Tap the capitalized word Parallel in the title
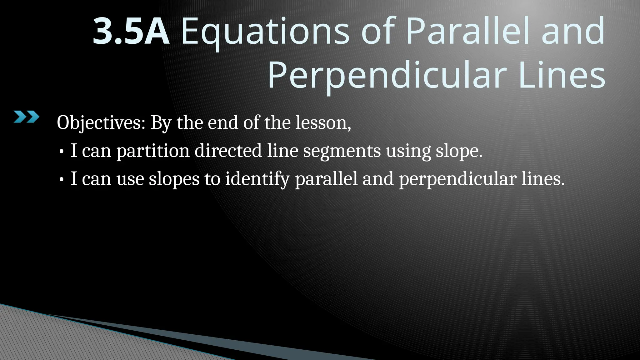pyautogui.click(x=467, y=31)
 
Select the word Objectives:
pyautogui.click(x=101, y=122)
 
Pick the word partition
pyautogui.click(x=153, y=151)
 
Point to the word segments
pyautogui.click(x=342, y=151)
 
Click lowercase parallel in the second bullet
pyautogui.click(x=326, y=179)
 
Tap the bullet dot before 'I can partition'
pyautogui.click(x=62, y=152)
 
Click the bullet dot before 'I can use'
pyautogui.click(x=62, y=180)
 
